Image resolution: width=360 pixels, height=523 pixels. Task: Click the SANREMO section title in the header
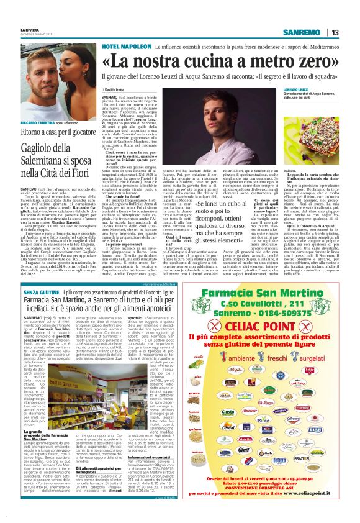click(301, 32)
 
